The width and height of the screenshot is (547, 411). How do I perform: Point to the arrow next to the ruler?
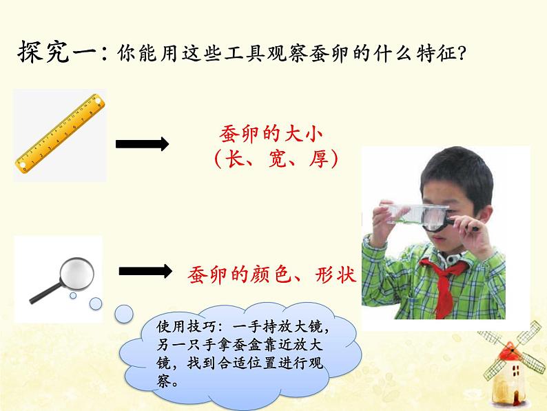[x=142, y=144]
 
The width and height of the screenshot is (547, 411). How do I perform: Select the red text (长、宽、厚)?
[x=275, y=161]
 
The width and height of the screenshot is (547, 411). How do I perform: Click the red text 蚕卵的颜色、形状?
[x=271, y=274]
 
